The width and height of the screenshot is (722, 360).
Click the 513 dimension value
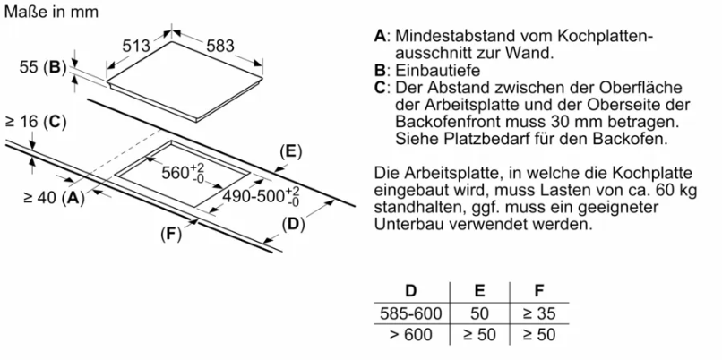tap(137, 46)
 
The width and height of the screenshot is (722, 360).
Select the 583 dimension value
tap(220, 46)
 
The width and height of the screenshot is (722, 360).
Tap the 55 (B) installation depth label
tap(40, 68)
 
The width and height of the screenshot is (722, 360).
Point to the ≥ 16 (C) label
tap(35, 122)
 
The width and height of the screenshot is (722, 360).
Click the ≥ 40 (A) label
tap(55, 198)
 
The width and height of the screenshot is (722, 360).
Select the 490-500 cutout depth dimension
tap(261, 195)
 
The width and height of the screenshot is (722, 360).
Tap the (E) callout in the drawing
tap(290, 152)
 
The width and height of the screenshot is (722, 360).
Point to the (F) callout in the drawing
tap(171, 235)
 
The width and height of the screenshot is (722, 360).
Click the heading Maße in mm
tap(51, 12)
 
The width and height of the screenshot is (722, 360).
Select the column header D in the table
tap(410, 291)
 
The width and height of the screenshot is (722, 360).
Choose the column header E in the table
tap(479, 291)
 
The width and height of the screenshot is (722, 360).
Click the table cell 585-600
tap(411, 313)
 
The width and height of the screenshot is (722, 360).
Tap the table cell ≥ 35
tap(539, 313)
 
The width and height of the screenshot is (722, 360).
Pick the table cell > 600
tap(411, 334)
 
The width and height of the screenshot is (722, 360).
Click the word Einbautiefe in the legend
tap(438, 71)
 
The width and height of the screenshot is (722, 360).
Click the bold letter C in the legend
tap(380, 88)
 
